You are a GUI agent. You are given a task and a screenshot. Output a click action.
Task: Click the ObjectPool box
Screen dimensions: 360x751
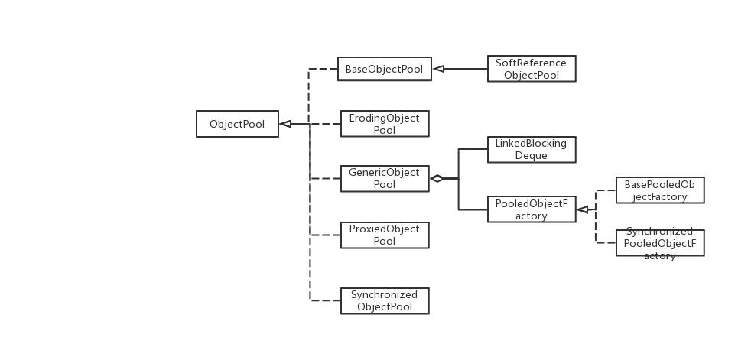click(x=236, y=124)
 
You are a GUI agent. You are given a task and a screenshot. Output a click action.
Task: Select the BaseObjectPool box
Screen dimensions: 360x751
click(x=385, y=69)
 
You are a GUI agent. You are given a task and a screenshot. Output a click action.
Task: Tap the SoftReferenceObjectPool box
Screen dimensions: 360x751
click(x=532, y=69)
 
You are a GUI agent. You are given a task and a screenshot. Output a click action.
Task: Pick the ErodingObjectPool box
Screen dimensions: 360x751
click(x=385, y=124)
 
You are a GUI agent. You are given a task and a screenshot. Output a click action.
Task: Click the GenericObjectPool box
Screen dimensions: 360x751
click(x=385, y=178)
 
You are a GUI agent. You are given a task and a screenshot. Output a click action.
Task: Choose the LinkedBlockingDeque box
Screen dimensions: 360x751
click(x=532, y=149)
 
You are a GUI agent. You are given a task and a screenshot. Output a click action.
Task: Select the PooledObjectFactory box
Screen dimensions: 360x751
click(x=532, y=209)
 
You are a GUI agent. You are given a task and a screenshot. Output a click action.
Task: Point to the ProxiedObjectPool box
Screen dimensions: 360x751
click(x=385, y=235)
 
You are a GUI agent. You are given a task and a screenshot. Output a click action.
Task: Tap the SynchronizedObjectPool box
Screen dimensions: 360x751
click(x=385, y=300)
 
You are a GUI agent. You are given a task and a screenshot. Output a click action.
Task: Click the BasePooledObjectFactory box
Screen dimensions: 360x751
click(x=660, y=191)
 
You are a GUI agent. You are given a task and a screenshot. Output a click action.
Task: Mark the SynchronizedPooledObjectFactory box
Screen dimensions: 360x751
click(x=660, y=242)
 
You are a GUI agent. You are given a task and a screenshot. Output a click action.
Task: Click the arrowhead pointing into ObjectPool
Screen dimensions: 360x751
click(x=285, y=124)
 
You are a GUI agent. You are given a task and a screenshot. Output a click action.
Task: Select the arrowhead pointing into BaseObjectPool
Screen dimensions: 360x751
click(x=439, y=69)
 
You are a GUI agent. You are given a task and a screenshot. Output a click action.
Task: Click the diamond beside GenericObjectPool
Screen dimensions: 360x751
click(x=437, y=179)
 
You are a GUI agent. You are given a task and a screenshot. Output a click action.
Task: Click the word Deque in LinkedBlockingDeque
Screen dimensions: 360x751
click(x=532, y=155)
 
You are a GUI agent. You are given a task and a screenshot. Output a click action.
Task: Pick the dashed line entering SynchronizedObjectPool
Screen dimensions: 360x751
click(x=325, y=300)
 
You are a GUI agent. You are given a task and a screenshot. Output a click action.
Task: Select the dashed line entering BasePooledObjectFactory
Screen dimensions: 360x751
click(x=606, y=191)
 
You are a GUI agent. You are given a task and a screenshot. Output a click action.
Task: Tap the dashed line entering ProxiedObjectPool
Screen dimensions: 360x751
click(x=325, y=235)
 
